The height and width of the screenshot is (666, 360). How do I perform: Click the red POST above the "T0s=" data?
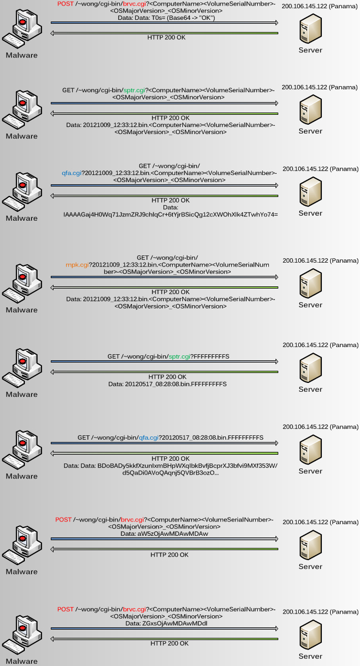pyautogui.click(x=65, y=4)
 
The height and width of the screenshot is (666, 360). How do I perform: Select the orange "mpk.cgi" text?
pyautogui.click(x=77, y=265)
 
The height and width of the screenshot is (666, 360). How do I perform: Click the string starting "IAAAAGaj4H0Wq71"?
pyautogui.click(x=171, y=214)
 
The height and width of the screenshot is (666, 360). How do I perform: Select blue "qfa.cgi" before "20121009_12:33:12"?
pyautogui.click(x=72, y=173)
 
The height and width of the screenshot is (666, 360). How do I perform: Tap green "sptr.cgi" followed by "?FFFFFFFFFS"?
pyautogui.click(x=179, y=357)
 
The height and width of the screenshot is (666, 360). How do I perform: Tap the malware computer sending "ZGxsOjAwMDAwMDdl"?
pyautogui.click(x=22, y=634)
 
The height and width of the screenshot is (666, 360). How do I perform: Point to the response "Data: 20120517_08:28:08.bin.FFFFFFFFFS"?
pyautogui.click(x=167, y=383)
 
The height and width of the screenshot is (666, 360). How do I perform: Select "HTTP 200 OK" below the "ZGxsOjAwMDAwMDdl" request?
pyautogui.click(x=170, y=643)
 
